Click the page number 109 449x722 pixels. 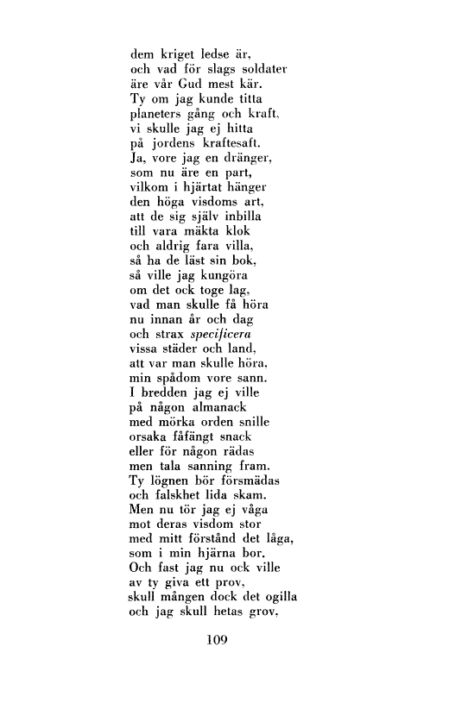coord(224,639)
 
